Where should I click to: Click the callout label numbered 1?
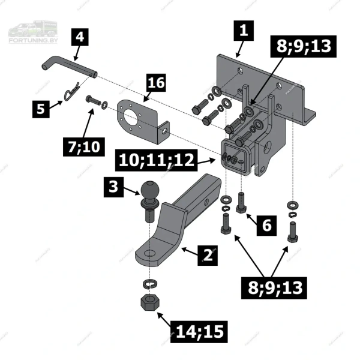tap(244, 31)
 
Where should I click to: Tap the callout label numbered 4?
tap(80, 37)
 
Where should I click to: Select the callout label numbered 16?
tap(156, 83)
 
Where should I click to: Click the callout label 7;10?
tap(84, 147)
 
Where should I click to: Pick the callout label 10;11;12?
tap(157, 160)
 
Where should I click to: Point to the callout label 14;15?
tap(199, 332)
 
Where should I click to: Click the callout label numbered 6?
tap(266, 225)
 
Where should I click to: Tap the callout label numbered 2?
tap(208, 256)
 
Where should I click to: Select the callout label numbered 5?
tap(41, 109)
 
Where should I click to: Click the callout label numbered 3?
tap(113, 187)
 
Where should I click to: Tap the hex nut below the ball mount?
tap(149, 302)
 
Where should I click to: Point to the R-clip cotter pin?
tap(71, 92)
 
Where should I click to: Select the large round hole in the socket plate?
tap(131, 119)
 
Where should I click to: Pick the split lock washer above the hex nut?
tap(149, 284)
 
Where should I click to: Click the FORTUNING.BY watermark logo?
tap(33, 32)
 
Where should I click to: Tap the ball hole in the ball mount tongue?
tap(149, 253)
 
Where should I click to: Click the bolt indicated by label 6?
tap(241, 203)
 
